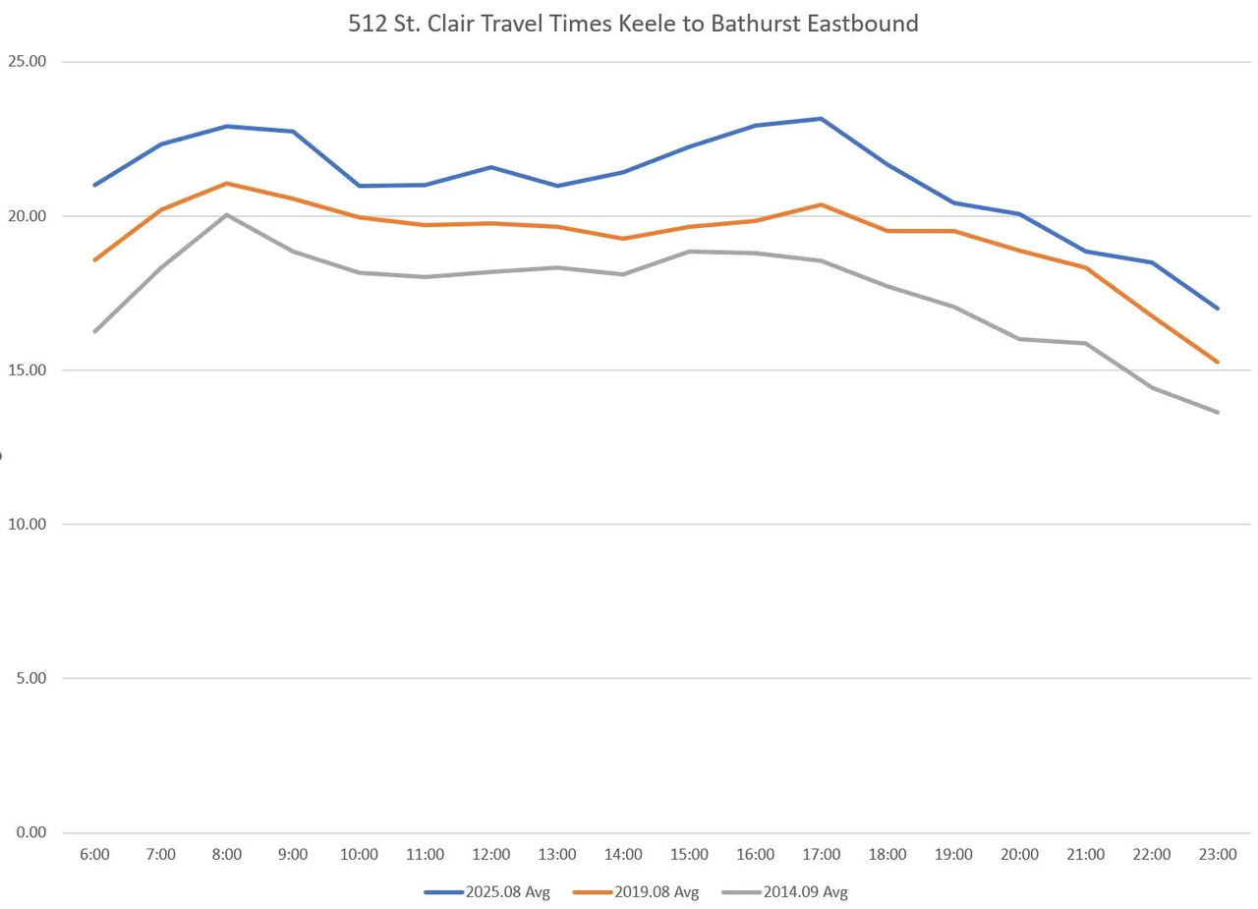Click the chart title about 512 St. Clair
coord(633,24)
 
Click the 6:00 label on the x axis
coord(94,855)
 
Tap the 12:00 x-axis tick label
coord(491,855)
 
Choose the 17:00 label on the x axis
coord(822,855)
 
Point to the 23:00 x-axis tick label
coord(1218,855)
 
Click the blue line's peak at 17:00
coord(822,119)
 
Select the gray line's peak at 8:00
coord(227,214)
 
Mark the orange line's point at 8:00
coord(227,183)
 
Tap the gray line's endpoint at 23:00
coord(1218,412)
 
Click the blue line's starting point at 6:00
coord(95,185)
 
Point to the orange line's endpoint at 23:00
coord(1218,362)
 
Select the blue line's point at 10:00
coord(360,186)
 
